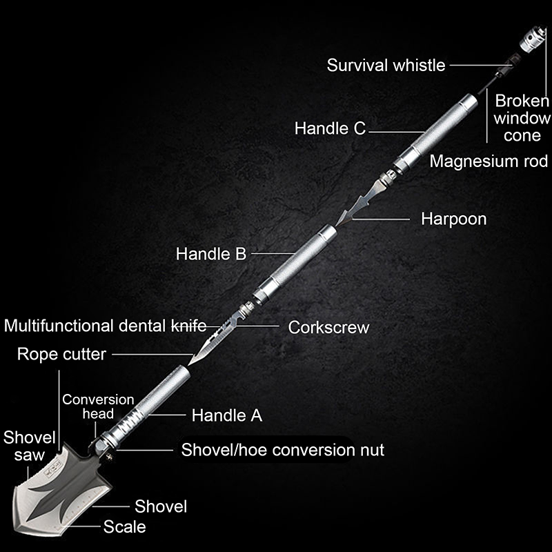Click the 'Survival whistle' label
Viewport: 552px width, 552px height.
click(386, 66)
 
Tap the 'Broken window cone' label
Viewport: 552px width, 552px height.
click(522, 117)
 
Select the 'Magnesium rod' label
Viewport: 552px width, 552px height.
click(489, 161)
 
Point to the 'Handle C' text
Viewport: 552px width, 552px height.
click(330, 128)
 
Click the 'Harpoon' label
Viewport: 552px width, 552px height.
click(453, 219)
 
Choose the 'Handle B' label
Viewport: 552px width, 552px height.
click(210, 254)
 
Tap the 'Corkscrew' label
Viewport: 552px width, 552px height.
click(328, 327)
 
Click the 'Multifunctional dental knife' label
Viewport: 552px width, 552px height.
click(110, 326)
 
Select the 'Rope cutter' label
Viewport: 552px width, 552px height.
click(61, 355)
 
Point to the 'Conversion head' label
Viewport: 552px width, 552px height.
click(98, 406)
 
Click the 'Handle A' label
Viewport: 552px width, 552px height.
click(227, 415)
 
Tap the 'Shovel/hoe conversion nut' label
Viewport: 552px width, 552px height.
click(282, 451)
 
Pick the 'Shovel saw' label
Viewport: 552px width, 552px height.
click(24, 446)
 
